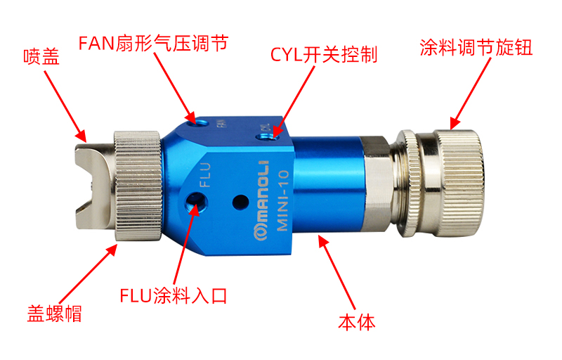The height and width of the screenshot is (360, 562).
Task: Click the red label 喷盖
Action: click(x=41, y=57)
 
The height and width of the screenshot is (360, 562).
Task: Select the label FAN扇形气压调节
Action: click(x=153, y=43)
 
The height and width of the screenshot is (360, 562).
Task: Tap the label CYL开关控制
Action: click(x=324, y=55)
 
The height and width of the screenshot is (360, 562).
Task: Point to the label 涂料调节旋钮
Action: click(x=476, y=47)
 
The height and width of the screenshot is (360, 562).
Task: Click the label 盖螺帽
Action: click(x=55, y=314)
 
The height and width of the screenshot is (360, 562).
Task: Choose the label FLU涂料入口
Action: click(x=173, y=296)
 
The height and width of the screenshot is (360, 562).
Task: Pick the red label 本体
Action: click(x=357, y=321)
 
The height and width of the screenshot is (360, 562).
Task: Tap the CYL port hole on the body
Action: click(x=266, y=137)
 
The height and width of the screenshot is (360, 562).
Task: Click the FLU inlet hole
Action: click(x=196, y=202)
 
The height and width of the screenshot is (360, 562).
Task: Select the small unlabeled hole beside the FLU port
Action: click(x=240, y=202)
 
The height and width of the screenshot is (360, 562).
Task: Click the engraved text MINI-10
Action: click(x=283, y=200)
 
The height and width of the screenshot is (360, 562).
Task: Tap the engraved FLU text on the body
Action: click(x=205, y=174)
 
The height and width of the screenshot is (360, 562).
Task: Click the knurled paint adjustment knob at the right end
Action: click(x=458, y=183)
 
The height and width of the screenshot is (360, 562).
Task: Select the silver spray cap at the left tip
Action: click(x=94, y=186)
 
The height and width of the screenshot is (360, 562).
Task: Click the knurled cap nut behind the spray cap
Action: click(x=138, y=186)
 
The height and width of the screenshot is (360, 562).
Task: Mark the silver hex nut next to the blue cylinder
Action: click(x=377, y=185)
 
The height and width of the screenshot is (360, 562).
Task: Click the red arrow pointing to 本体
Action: click(x=337, y=273)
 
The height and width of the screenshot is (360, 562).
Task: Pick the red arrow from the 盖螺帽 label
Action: click(x=89, y=274)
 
